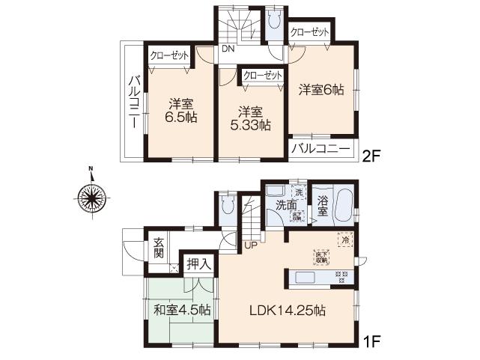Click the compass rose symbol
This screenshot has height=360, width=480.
click(90, 197)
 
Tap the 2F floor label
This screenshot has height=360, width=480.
click(372, 156)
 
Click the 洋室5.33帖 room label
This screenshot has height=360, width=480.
click(251, 118)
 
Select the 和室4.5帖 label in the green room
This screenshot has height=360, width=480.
click(182, 310)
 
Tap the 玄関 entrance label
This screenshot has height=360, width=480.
click(159, 247)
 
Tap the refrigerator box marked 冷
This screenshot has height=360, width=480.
click(345, 240)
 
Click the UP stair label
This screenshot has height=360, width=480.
click(249, 243)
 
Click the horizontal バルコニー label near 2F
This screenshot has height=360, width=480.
click(320, 149)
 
